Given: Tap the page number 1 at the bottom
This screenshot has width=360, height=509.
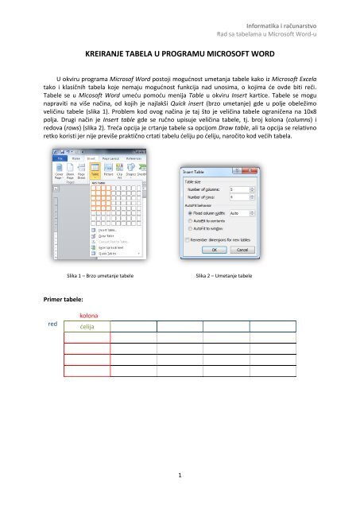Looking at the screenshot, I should click(x=180, y=477).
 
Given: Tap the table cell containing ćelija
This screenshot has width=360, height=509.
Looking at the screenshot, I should click(x=87, y=327).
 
